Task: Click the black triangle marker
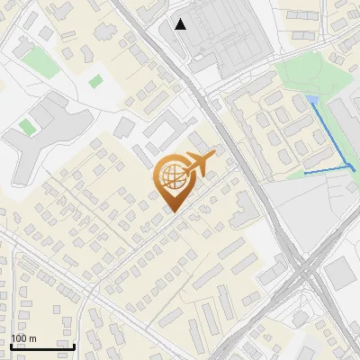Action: [x=181, y=24]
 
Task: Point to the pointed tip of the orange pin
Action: [x=171, y=211]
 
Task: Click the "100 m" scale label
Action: [x=23, y=338]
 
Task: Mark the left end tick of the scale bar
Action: [x=10, y=346]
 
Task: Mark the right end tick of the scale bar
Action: [x=74, y=346]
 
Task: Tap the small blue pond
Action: [x=311, y=98]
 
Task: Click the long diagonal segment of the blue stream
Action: [x=331, y=133]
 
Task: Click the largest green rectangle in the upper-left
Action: [x=40, y=61]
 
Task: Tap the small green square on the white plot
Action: [x=95, y=81]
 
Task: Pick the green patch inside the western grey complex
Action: [x=27, y=127]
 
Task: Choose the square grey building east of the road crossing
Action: [x=340, y=273]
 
